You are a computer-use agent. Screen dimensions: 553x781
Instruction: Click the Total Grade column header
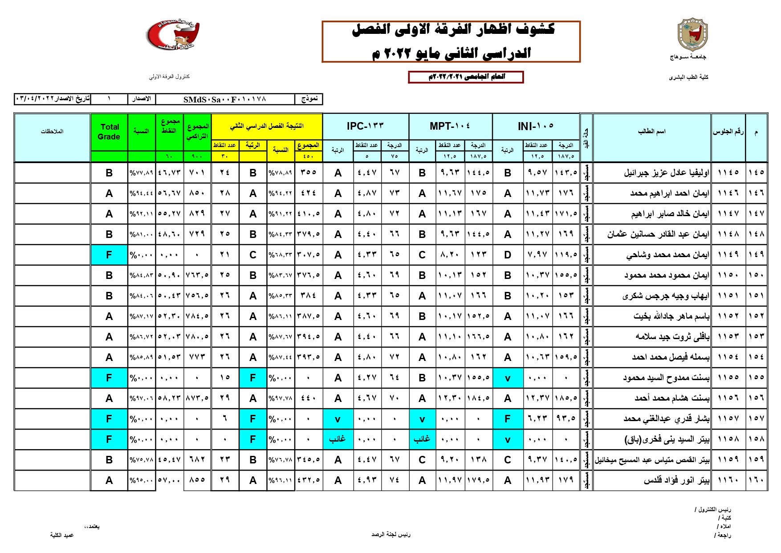(x=109, y=132)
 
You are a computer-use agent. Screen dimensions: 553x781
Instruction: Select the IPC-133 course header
(x=365, y=126)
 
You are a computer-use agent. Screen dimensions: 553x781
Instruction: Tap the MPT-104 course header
(x=450, y=126)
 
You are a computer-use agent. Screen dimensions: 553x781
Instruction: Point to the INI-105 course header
(x=536, y=126)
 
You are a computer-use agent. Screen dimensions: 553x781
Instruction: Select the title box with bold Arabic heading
(x=451, y=41)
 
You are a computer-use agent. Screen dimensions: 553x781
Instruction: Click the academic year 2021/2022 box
(x=466, y=77)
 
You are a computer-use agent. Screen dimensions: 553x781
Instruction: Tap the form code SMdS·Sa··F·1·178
(x=225, y=99)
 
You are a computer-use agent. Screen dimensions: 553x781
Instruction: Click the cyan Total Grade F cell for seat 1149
(x=109, y=255)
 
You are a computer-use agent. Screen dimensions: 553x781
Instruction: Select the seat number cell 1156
(x=728, y=398)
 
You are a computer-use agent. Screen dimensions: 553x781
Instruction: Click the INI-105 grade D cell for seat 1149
(x=508, y=255)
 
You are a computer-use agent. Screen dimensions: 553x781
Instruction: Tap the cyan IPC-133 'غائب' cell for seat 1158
(x=338, y=439)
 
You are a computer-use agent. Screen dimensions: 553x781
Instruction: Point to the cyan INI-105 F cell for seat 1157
(x=508, y=419)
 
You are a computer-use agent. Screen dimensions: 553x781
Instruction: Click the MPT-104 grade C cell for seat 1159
(x=422, y=460)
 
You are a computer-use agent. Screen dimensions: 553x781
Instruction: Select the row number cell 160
(x=756, y=480)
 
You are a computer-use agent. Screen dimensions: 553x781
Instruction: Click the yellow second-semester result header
(x=266, y=126)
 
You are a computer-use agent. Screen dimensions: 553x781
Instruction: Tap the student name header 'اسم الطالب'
(x=651, y=131)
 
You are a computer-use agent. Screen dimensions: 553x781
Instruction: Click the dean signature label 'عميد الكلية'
(x=62, y=535)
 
